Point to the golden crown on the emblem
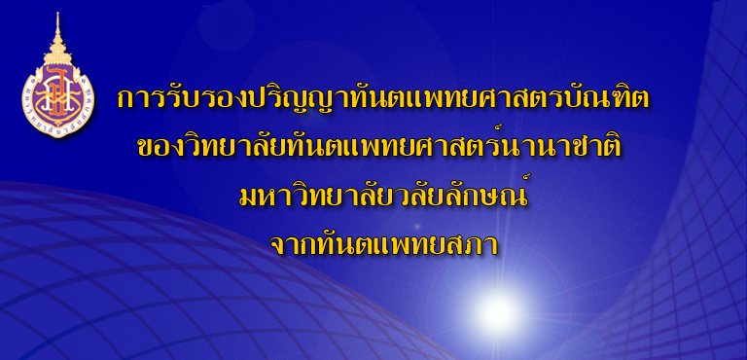point(57,54)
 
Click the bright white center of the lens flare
point(497,313)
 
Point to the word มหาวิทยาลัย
point(311,195)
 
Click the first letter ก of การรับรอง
point(125,100)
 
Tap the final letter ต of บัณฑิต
point(640,100)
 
